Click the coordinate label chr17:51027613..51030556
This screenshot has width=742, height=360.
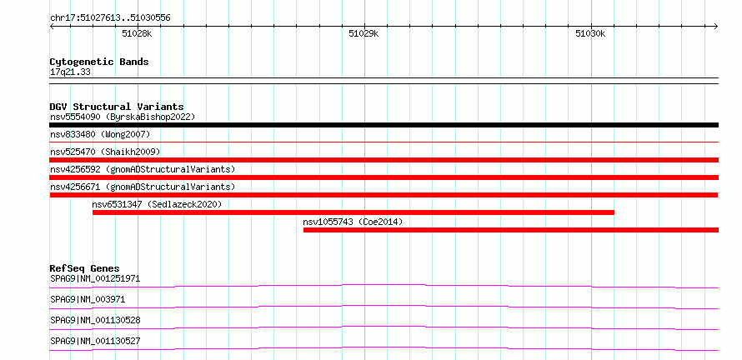(x=110, y=18)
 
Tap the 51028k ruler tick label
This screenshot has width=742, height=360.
(x=138, y=33)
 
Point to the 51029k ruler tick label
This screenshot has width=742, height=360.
(x=363, y=33)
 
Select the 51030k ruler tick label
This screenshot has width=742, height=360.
(x=590, y=33)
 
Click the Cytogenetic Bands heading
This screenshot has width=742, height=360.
(x=99, y=62)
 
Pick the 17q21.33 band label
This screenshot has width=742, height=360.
(x=70, y=72)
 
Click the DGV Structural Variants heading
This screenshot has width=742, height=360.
(x=117, y=107)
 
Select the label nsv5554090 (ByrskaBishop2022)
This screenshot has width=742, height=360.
(x=123, y=117)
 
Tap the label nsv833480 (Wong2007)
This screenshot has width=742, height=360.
(x=100, y=134)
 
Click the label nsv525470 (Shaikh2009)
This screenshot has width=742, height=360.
(x=105, y=152)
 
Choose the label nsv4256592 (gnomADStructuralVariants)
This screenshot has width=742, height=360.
(x=143, y=169)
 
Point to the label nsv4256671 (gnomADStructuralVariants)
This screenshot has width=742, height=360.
(x=143, y=187)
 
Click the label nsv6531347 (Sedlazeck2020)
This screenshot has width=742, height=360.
(x=157, y=204)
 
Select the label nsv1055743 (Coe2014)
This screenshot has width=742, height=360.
(x=353, y=222)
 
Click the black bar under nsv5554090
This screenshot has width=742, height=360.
(x=384, y=125)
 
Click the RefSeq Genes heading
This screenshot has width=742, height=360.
(x=84, y=268)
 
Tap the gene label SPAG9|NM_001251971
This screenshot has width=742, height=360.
(x=95, y=278)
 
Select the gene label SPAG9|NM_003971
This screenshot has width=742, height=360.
(x=88, y=299)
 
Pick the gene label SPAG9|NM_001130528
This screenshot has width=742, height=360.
(x=95, y=320)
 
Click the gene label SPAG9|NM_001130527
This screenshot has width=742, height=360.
(x=95, y=341)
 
